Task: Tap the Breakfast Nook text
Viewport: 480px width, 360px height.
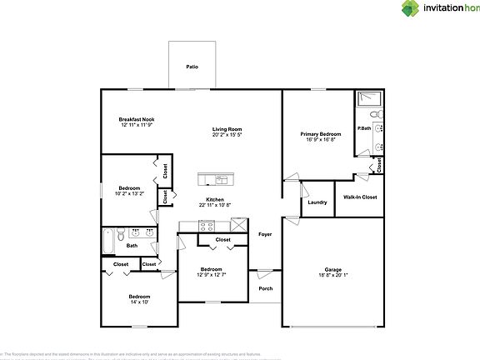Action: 136,119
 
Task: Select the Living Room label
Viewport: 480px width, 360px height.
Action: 227,129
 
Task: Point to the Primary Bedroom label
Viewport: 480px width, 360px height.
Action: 320,133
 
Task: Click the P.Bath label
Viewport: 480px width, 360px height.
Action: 364,128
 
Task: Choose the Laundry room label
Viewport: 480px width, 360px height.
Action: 317,202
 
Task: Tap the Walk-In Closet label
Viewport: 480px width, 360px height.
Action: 360,197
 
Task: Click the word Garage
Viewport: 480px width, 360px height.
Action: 333,269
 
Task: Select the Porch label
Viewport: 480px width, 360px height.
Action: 266,288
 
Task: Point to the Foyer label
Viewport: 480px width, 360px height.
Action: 265,234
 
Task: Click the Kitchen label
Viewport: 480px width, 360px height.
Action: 215,199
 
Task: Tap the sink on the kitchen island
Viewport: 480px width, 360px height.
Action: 219,179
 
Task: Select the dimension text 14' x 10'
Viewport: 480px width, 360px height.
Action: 138,302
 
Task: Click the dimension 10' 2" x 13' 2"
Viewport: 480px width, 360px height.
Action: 131,193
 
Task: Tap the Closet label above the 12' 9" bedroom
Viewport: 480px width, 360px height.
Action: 222,240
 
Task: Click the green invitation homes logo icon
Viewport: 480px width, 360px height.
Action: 409,10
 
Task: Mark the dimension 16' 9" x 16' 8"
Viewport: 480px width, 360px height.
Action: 320,139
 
